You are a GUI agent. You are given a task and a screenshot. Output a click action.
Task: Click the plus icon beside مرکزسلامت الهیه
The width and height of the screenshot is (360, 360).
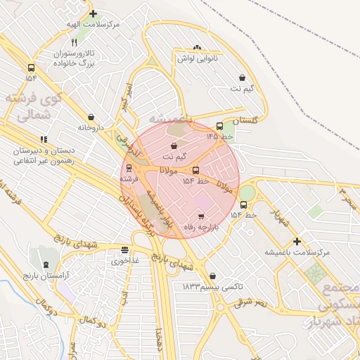click(x=93, y=13)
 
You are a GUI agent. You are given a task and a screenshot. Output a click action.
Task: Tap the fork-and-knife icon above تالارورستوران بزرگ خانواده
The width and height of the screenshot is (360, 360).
click(x=74, y=42)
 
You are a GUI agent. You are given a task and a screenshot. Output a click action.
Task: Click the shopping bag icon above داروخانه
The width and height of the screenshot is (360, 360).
click(x=91, y=117)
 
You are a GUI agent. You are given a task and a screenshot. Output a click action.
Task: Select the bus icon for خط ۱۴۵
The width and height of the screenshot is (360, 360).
click(x=219, y=126)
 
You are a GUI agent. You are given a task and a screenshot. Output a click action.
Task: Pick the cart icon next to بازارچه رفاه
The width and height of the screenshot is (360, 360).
click(x=201, y=217)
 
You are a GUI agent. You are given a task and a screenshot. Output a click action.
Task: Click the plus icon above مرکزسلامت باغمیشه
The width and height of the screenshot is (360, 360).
click(x=297, y=240)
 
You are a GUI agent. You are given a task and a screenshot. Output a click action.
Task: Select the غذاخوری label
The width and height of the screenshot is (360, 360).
click(x=124, y=260)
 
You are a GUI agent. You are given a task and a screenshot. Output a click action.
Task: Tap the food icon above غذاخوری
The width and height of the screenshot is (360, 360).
click(x=124, y=249)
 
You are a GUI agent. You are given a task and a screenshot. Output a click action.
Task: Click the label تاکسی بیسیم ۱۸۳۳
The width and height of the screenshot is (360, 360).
click(x=212, y=288)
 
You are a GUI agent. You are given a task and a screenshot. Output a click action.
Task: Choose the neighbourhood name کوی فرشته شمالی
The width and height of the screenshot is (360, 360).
click(x=33, y=106)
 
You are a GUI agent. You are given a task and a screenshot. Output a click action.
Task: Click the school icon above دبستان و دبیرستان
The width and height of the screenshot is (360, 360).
click(x=44, y=139)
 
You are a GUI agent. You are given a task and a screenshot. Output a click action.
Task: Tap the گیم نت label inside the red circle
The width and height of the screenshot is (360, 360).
click(x=174, y=155)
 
